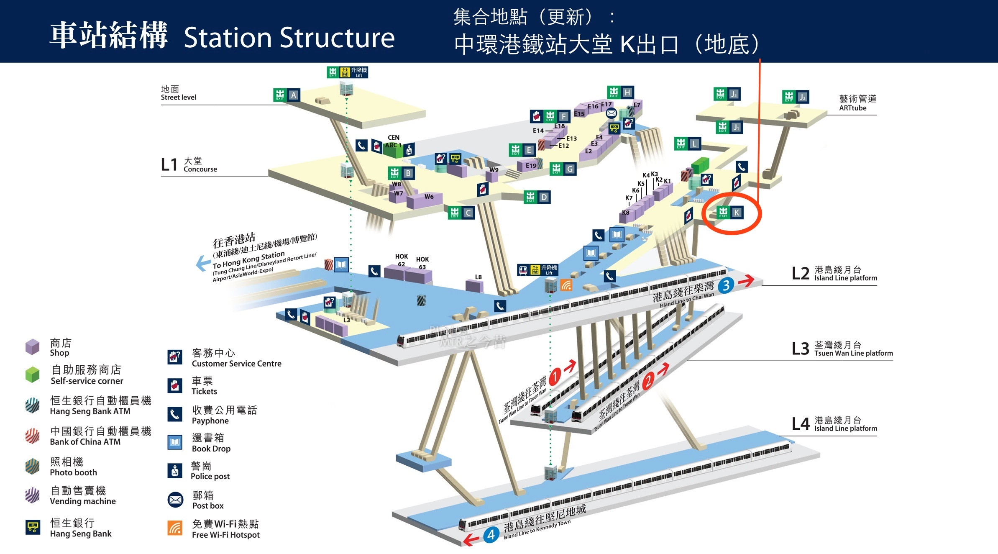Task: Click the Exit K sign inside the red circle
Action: pos(729,213)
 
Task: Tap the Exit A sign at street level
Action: pos(287,95)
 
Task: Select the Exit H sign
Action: pos(620,92)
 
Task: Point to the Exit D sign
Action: pos(537,197)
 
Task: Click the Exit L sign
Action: pos(687,144)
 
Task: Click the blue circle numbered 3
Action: pos(726,286)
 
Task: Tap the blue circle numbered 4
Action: pos(491,534)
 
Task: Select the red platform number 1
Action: pos(555,376)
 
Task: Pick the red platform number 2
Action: pos(647,381)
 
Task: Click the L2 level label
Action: pos(800,274)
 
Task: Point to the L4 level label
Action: pos(800,424)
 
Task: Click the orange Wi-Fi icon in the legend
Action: pos(175,528)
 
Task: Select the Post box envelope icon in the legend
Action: pos(175,500)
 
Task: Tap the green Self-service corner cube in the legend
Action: pos(32,374)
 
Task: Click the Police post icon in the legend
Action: pos(175,471)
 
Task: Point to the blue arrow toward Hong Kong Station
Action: pos(203,263)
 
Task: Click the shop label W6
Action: pos(429,197)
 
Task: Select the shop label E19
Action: pos(531,166)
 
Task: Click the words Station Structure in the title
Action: pos(289,38)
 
